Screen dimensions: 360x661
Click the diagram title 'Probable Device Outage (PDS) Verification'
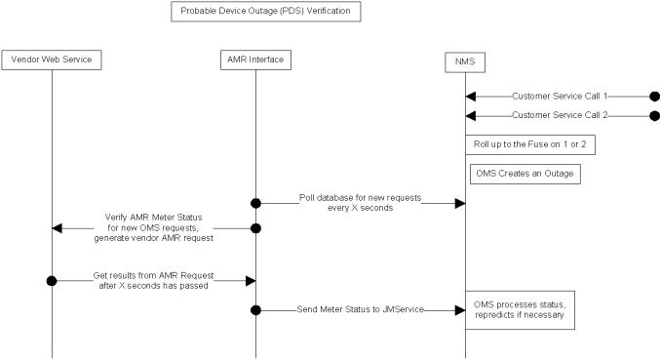(266, 13)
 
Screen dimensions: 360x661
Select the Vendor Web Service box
(52, 60)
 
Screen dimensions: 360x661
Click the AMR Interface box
(255, 60)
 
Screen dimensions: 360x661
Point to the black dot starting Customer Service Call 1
(654, 96)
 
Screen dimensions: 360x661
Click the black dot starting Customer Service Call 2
(654, 116)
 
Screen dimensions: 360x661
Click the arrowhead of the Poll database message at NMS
(459, 203)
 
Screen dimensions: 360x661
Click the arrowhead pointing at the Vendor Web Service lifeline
(58, 227)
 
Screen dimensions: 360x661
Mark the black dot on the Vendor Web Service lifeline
(52, 280)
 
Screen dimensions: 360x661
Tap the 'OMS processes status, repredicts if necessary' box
(519, 309)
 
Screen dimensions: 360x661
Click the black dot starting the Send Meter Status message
(255, 309)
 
